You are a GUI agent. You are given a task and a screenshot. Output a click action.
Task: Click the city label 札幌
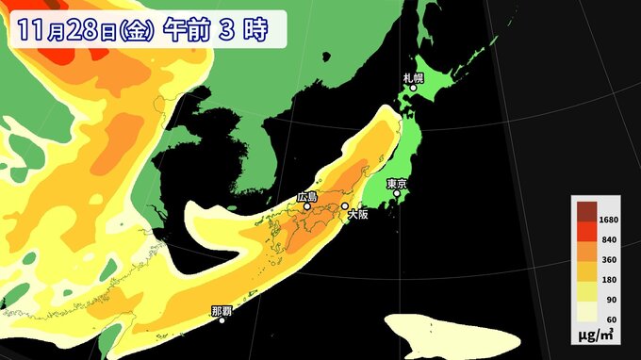point(414,77)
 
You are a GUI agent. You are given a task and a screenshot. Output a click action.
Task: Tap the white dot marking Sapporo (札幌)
point(413,89)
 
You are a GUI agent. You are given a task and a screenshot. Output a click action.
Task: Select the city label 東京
point(397,183)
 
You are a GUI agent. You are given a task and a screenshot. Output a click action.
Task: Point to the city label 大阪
point(358,215)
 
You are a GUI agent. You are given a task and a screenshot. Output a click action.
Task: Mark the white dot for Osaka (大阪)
point(345,205)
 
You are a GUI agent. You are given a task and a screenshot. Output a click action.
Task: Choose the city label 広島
point(307,197)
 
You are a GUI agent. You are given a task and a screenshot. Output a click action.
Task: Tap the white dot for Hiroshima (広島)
point(306,206)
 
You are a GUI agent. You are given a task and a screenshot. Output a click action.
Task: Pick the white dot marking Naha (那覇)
point(222,319)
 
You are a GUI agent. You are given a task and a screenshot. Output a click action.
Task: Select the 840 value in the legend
point(609,241)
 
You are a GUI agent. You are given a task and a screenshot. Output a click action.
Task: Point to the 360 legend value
point(609,261)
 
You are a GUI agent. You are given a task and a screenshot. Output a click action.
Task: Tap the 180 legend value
point(609,281)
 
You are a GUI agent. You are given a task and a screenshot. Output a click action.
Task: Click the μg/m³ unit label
point(600,336)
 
